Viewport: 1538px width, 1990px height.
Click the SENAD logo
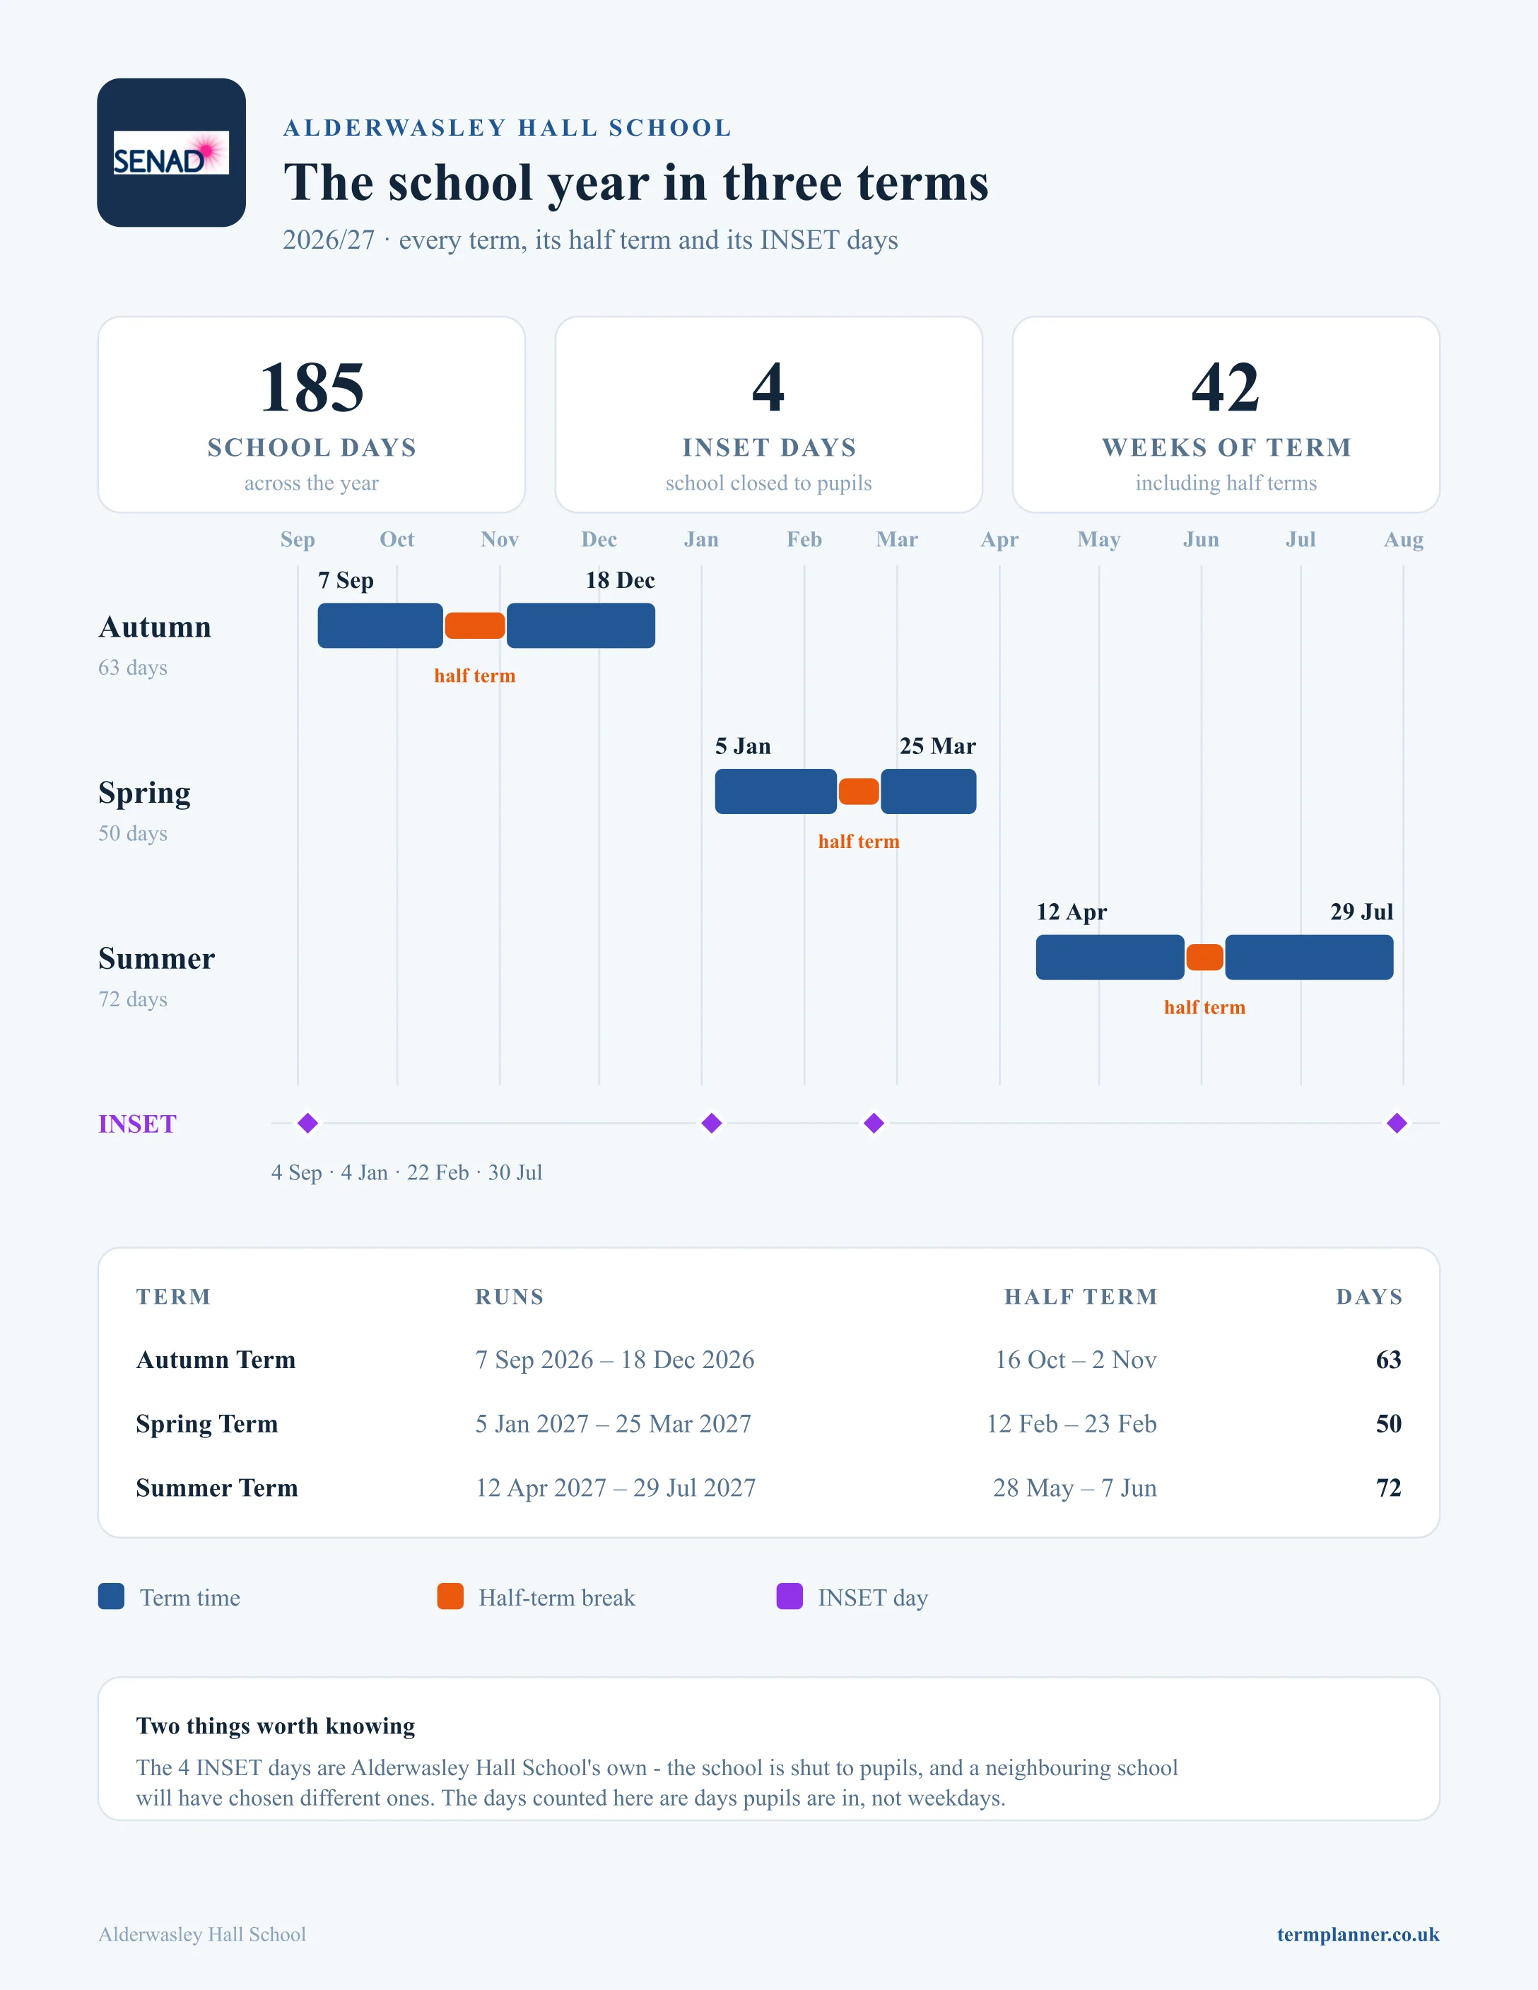(171, 152)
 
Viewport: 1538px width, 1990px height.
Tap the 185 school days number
(312, 387)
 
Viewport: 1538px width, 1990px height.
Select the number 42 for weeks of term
(1226, 387)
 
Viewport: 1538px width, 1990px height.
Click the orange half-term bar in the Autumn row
(475, 626)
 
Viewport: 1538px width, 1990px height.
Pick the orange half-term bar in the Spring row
(858, 791)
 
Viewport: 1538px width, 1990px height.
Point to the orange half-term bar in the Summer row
(1204, 958)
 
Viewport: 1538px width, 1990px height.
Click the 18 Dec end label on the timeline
(620, 580)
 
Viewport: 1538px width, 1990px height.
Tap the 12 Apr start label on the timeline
(1072, 912)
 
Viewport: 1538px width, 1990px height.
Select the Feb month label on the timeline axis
(804, 539)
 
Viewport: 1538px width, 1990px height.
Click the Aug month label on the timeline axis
(1403, 539)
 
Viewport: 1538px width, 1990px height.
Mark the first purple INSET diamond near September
(308, 1123)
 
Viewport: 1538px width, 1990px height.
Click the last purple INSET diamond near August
(1397, 1123)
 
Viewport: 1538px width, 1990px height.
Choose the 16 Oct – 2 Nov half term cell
(1075, 1360)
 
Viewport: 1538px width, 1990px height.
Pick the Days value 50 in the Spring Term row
(1389, 1423)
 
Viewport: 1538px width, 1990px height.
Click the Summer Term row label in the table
(217, 1488)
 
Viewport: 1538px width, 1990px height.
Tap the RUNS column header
(510, 1297)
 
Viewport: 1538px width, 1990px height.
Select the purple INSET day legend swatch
(789, 1596)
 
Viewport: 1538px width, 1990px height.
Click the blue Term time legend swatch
(111, 1596)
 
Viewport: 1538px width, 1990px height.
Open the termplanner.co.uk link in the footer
(1358, 1934)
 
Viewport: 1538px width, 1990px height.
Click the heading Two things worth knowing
(275, 1726)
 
